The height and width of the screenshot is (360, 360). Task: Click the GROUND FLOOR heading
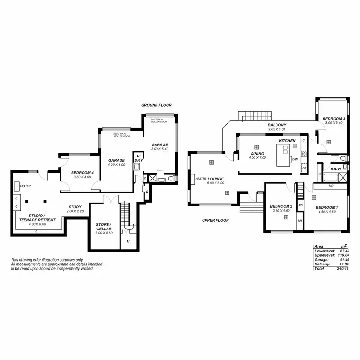tap(156, 105)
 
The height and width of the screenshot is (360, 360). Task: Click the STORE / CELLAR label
tap(104, 226)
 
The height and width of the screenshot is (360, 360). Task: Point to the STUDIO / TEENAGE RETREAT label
tap(37, 217)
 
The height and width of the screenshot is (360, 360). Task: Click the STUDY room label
tap(75, 207)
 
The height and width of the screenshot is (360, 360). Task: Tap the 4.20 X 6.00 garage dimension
tap(116, 164)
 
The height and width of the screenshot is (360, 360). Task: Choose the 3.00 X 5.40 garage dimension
tap(160, 149)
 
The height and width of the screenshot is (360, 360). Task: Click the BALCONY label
tap(277, 125)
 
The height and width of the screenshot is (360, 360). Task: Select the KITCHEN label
tap(288, 141)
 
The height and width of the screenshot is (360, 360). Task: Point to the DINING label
tap(258, 154)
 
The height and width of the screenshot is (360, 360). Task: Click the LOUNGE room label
tap(216, 179)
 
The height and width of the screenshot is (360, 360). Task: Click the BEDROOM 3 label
tap(333, 119)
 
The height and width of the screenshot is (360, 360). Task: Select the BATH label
tap(336, 169)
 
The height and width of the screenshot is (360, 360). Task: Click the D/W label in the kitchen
tap(296, 159)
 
